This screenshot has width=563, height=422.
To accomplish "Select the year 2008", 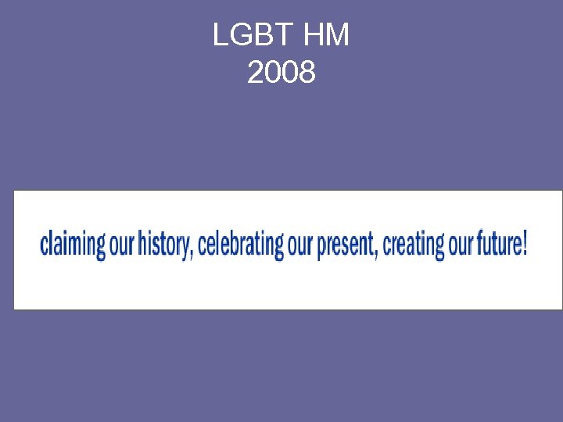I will click(281, 73).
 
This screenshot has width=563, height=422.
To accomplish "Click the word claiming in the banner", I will click(72, 245).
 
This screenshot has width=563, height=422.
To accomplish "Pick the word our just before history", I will click(122, 245).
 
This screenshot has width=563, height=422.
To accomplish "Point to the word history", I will click(163, 245).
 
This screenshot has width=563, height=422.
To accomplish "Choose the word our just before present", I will click(300, 245).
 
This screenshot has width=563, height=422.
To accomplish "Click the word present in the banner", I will click(344, 245).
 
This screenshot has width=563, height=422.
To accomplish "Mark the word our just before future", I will click(461, 245).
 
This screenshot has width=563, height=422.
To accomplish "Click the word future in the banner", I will click(497, 245).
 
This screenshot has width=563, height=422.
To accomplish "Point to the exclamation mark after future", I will click(525, 244).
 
